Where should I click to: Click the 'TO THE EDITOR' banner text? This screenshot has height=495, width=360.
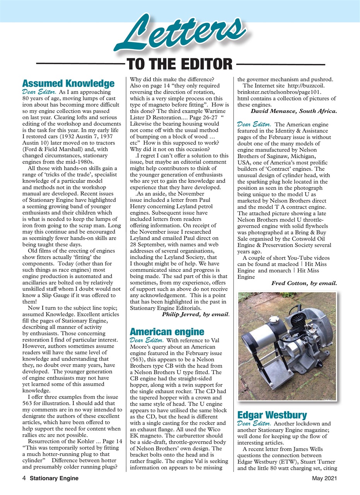tap(179, 63)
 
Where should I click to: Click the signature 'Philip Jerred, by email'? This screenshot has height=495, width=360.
tap(196, 314)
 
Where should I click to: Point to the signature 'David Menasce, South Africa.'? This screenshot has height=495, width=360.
tap(293, 111)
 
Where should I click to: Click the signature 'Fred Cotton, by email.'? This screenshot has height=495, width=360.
tap(304, 283)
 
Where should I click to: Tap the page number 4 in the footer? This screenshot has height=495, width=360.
tap(24, 478)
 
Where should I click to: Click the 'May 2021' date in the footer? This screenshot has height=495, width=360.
tap(324, 478)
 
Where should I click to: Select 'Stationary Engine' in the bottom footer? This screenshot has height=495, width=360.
tap(54, 478)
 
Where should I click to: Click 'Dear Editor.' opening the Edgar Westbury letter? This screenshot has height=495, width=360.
tap(253, 423)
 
